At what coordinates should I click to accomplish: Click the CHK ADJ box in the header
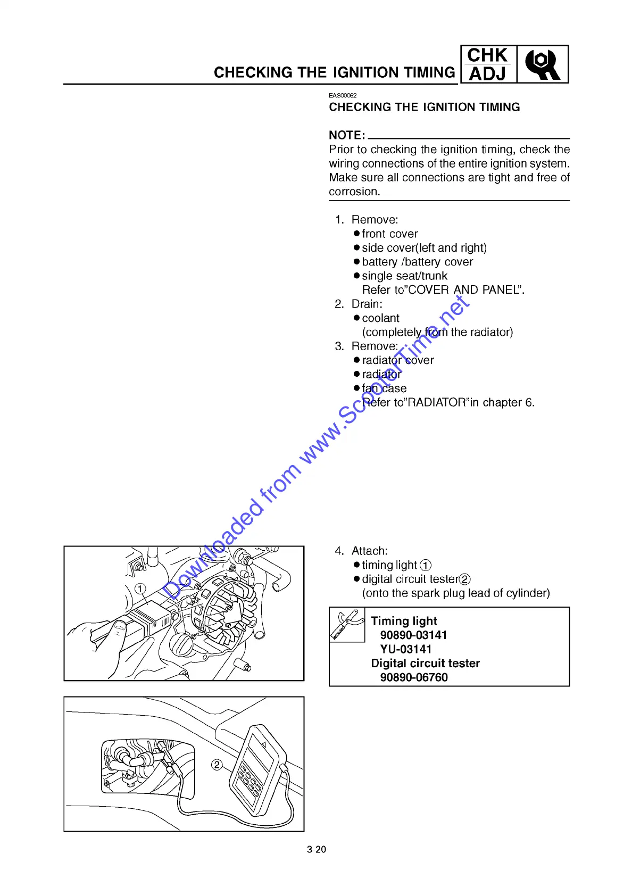[x=488, y=64]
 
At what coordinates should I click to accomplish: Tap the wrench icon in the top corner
[x=542, y=64]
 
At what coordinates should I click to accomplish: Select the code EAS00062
[x=343, y=95]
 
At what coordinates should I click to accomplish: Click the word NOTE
[x=346, y=135]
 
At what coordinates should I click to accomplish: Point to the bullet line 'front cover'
[x=389, y=234]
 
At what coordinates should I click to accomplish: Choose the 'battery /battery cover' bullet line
[x=417, y=262]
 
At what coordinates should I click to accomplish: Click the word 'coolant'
[x=380, y=318]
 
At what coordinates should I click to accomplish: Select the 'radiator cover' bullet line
[x=397, y=360]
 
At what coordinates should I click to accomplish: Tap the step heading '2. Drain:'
[x=359, y=304]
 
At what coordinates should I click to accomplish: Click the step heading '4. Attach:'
[x=361, y=551]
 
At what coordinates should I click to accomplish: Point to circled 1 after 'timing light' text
[x=426, y=565]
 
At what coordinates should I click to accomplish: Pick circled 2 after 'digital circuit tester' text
[x=465, y=579]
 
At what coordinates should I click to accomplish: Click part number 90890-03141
[x=413, y=635]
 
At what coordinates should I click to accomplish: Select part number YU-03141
[x=406, y=649]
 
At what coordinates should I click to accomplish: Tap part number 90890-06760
[x=414, y=677]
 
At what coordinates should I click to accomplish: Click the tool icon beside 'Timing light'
[x=347, y=625]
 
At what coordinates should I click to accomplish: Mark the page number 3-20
[x=317, y=849]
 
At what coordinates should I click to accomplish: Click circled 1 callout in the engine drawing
[x=140, y=589]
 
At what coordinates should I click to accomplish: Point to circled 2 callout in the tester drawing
[x=217, y=765]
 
